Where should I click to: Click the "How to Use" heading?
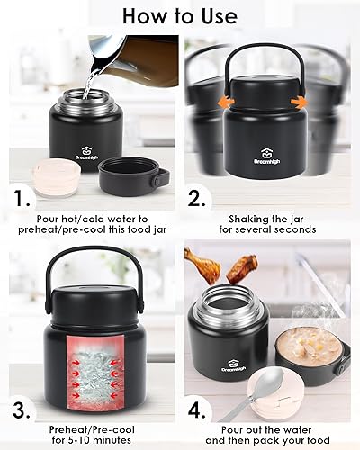pos(180,16)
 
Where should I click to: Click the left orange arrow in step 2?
pos(226,103)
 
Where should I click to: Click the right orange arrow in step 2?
pos(299,103)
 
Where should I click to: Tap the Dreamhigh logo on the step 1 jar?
pos(86,153)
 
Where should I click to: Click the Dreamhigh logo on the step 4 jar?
pos(234,364)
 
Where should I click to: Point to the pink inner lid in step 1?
pos(57,177)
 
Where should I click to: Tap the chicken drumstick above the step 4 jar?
pos(203,265)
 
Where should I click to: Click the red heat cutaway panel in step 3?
pos(95,373)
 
